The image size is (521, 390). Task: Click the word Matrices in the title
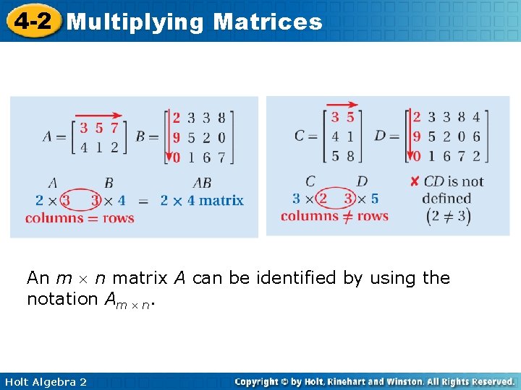click(268, 22)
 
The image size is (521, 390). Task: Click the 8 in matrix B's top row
click(221, 118)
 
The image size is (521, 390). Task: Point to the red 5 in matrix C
click(350, 117)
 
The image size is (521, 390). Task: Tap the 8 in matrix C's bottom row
click(350, 155)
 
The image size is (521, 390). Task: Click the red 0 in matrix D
click(416, 155)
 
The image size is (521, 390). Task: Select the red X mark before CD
click(414, 181)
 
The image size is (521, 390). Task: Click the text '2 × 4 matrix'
click(202, 200)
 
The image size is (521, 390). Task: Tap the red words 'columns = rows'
click(80, 217)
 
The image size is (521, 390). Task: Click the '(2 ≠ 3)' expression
click(449, 216)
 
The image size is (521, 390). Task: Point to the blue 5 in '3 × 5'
click(374, 198)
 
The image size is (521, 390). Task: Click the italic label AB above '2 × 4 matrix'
click(202, 182)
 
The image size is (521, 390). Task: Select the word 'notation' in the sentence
click(59, 298)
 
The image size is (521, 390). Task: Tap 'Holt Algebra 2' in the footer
click(45, 381)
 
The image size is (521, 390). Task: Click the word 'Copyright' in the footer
click(258, 381)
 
